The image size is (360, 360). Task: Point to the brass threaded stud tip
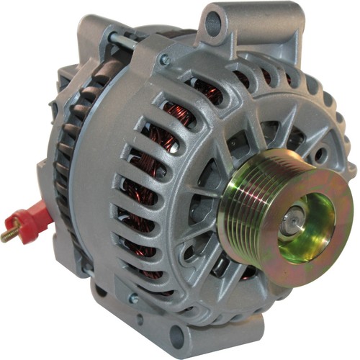point(9,235)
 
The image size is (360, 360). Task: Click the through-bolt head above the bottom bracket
point(133,297)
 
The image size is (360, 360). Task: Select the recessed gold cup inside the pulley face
point(306,216)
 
